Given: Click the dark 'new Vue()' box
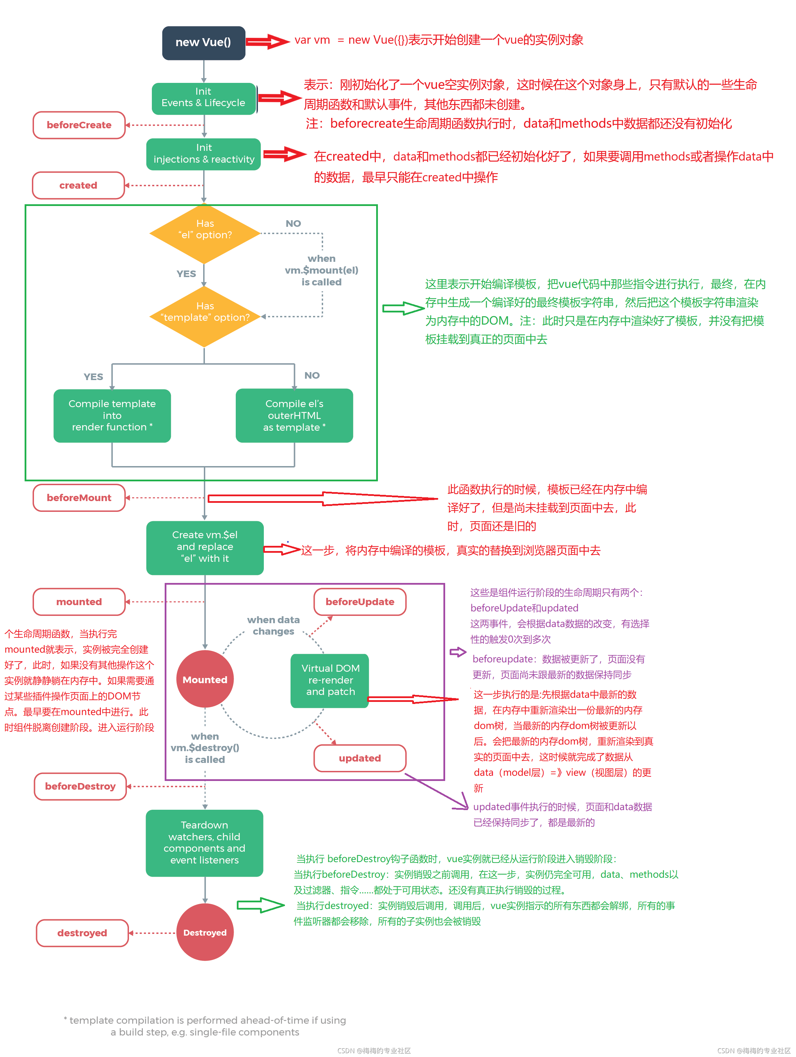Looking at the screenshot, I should coord(204,43).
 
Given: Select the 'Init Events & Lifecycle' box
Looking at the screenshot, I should coord(204,98).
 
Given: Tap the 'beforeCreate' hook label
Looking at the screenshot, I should coord(79,125).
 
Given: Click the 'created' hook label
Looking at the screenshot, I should coord(78,186).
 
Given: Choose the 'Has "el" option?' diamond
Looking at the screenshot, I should coord(205,234).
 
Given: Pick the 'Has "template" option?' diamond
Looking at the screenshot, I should coord(205,316).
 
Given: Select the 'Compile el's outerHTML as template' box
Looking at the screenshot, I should coord(294,415).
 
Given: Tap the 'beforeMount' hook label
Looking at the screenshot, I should coord(79,498).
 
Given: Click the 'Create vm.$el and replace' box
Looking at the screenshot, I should coord(205,547).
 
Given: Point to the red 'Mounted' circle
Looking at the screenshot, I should coord(205,679).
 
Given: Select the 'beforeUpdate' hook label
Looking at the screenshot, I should coord(360,602).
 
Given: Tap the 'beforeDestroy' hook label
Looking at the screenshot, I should coord(80,786).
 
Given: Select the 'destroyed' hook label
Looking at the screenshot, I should coord(82,933).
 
